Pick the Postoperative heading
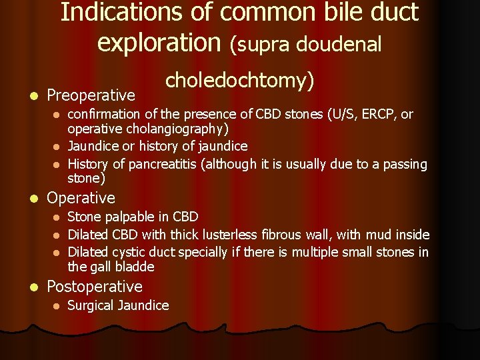point(95,287)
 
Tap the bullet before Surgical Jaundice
point(57,306)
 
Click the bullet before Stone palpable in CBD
point(57,217)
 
